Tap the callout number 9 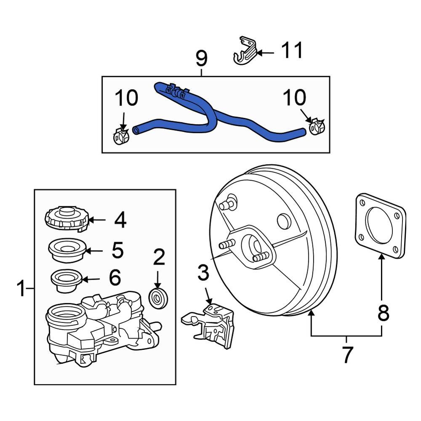[201, 59]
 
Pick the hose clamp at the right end [317, 126]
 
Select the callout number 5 [117, 250]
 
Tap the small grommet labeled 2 [160, 299]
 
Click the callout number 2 [159, 257]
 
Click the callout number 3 [203, 273]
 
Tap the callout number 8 [382, 313]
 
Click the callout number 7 [346, 354]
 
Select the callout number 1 [21, 289]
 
